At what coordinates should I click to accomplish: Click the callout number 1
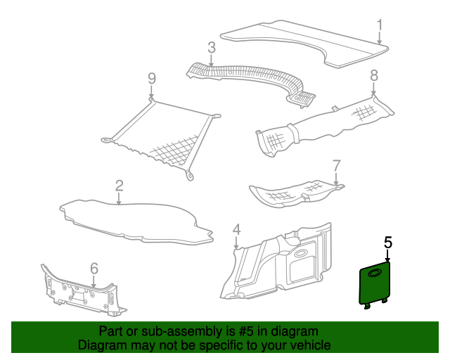pos(380,25)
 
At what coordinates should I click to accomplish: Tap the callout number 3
pos(212,48)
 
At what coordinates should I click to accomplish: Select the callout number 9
pos(152,78)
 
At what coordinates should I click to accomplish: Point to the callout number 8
pos(374,75)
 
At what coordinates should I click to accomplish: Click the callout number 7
pos(336,166)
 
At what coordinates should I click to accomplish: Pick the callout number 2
pos(119,186)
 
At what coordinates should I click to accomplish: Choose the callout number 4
pos(236,229)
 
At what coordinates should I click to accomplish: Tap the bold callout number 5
pos(387,243)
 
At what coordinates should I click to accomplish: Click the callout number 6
pos(94,269)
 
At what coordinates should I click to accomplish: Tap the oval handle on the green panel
pos(375,273)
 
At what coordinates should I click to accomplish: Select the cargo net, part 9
pos(161,138)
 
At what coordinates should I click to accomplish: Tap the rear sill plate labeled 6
pos(83,292)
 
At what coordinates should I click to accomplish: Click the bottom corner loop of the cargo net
pos(189,175)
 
